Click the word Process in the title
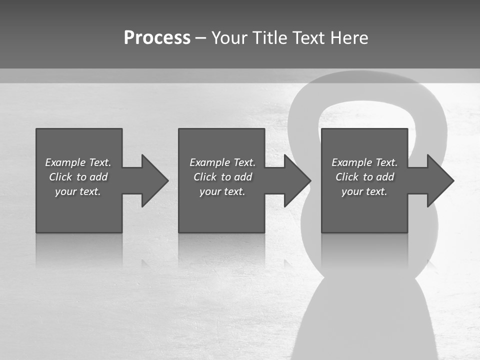click(157, 38)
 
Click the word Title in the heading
click(268, 38)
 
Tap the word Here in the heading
click(348, 38)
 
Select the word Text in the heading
click(308, 38)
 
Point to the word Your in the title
click(230, 38)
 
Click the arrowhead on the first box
click(154, 180)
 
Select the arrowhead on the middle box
click(296, 180)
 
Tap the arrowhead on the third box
click(439, 180)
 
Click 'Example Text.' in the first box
click(78, 162)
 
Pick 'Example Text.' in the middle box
click(222, 162)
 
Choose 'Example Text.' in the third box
click(364, 162)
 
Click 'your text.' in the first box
click(78, 191)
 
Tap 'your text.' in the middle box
click(222, 191)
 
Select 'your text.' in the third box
click(364, 191)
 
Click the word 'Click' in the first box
click(60, 177)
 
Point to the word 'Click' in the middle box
click(205, 177)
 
